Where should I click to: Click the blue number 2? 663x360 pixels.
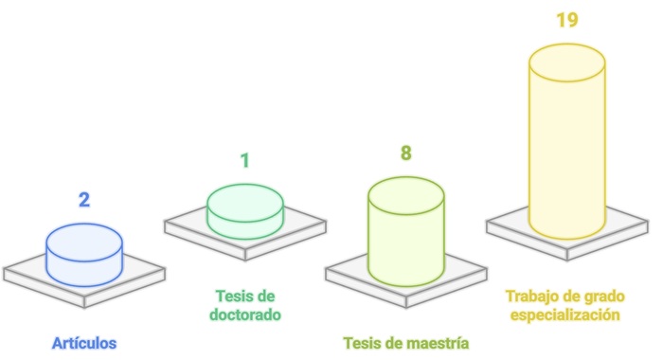(x=84, y=200)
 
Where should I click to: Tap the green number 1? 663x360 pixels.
(x=244, y=160)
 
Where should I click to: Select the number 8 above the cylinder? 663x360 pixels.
(x=405, y=153)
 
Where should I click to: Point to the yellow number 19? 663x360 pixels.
(x=566, y=20)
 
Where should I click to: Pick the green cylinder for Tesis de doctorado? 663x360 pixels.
(x=244, y=214)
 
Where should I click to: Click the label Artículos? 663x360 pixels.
(x=84, y=342)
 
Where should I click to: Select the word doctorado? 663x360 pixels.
(x=244, y=314)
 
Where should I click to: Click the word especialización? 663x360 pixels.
(x=566, y=314)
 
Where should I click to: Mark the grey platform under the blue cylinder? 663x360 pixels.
(x=28, y=275)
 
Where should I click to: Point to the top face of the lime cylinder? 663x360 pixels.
(x=405, y=193)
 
